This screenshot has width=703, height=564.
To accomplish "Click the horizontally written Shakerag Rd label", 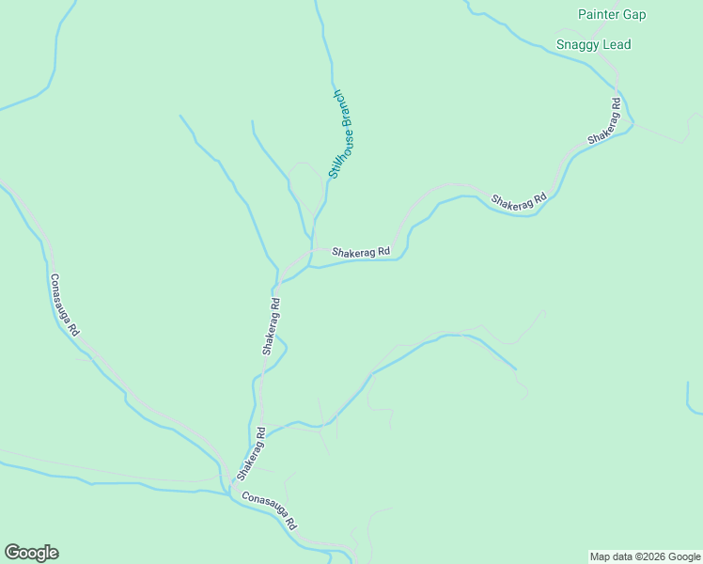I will point(360,252).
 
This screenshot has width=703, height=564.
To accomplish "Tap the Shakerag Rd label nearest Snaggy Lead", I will point(604,120).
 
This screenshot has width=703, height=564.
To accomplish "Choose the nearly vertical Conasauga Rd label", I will point(66,305).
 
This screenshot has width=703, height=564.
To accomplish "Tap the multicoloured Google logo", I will point(31,553).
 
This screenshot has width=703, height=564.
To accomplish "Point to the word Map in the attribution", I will point(601,556).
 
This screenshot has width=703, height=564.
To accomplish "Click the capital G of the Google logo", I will point(11,553).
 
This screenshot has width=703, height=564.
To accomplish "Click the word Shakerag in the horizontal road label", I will point(352,252).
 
